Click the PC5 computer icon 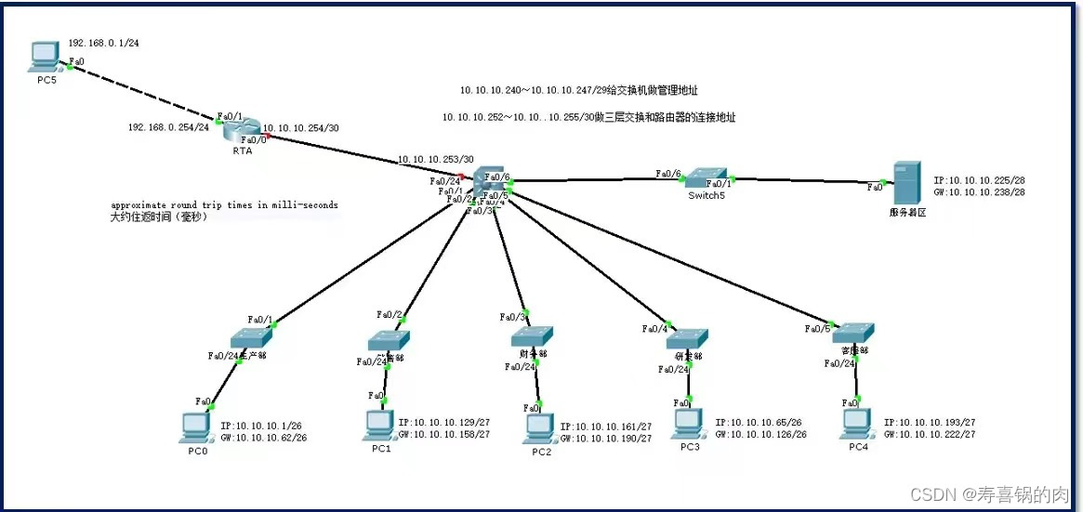click(43, 58)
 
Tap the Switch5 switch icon click(710, 177)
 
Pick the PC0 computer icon click(195, 427)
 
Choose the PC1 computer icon click(379, 425)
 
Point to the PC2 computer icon click(538, 427)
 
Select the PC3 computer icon click(687, 424)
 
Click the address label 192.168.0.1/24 click(103, 44)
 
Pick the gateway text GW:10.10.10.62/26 click(263, 437)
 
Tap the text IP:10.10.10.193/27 click(929, 422)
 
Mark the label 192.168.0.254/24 click(168, 127)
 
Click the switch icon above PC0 click(250, 337)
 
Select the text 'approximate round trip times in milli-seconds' click(224, 204)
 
